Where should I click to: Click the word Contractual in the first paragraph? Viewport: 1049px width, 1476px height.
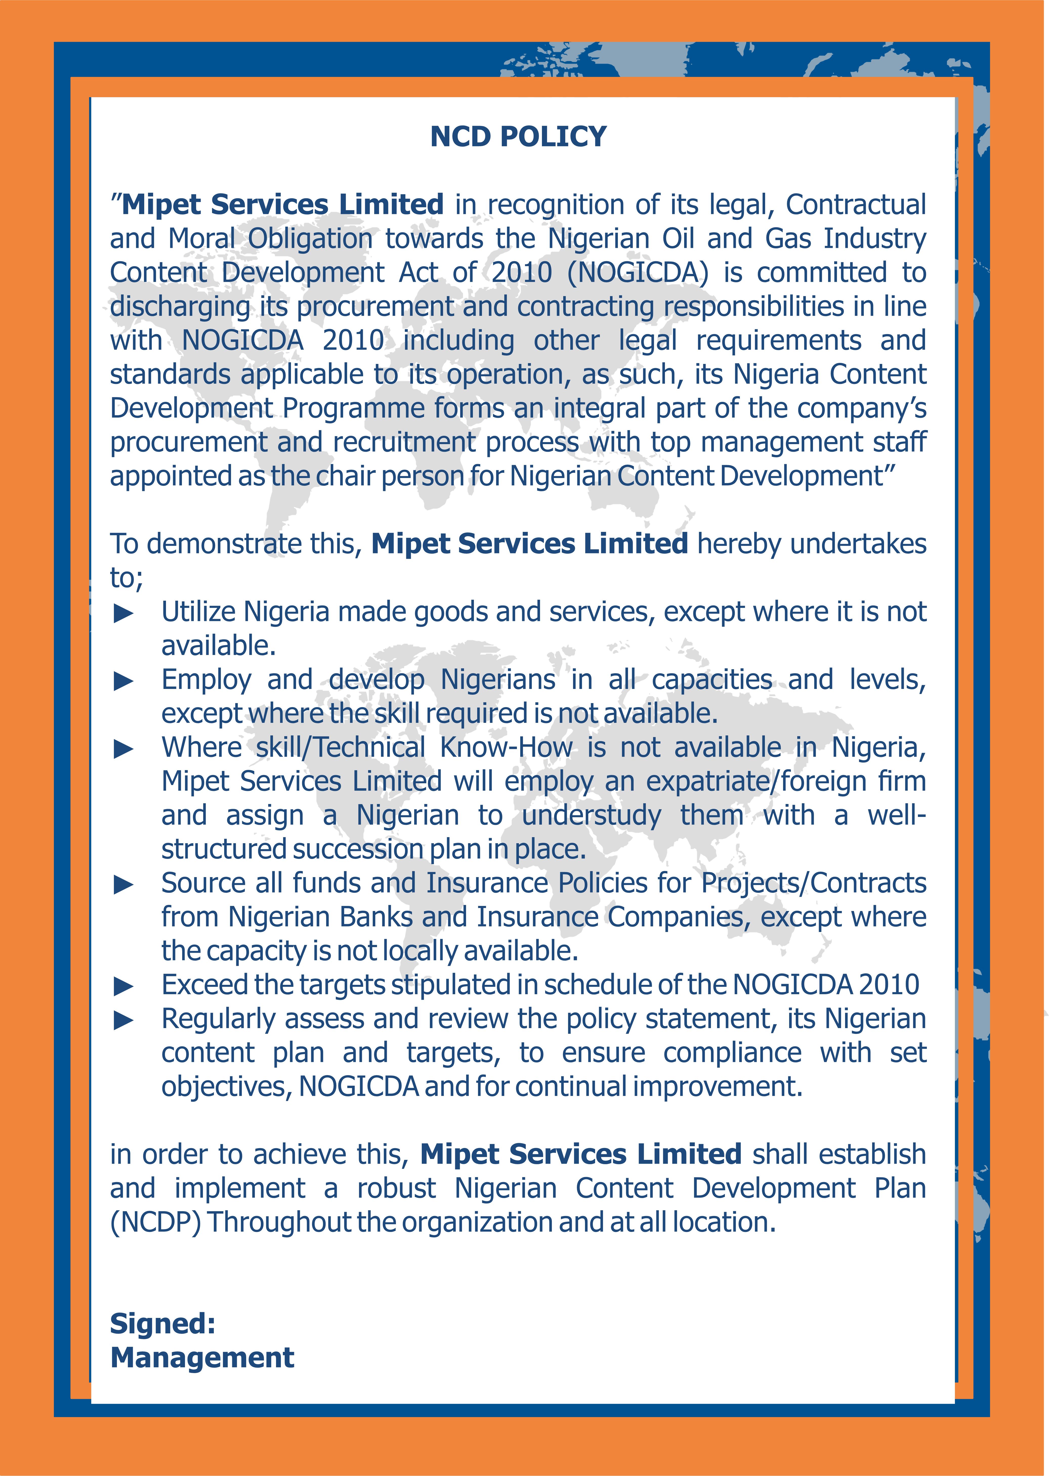pos(856,205)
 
